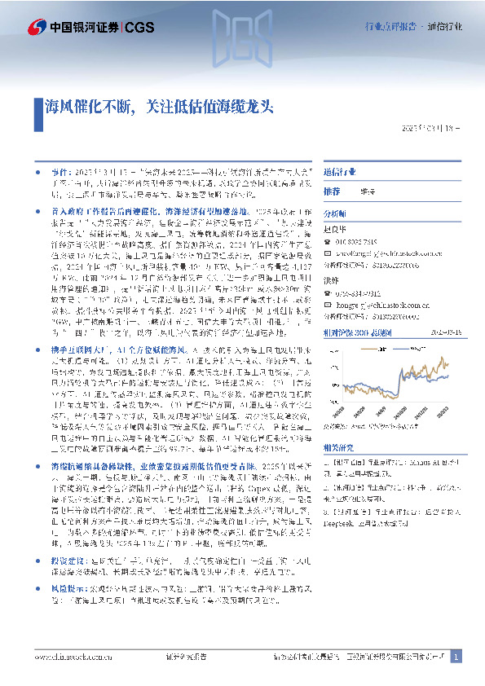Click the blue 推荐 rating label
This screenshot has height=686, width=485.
(x=332, y=191)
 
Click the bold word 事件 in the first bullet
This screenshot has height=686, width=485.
(x=60, y=174)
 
